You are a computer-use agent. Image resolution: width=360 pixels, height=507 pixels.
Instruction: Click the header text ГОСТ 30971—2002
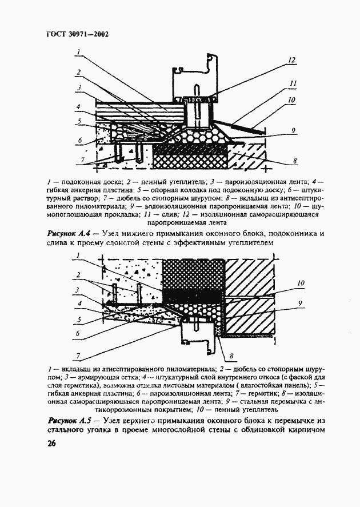(77, 34)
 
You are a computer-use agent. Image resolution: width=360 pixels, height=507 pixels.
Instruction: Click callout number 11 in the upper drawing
(293, 83)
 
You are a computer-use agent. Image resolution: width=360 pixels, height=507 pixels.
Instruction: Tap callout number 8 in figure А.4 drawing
(294, 161)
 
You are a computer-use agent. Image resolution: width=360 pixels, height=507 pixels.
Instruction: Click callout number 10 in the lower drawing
(301, 282)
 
